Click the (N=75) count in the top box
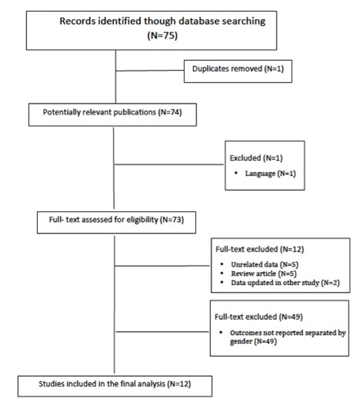163,36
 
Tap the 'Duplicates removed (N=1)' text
238,69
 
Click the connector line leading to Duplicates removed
150,71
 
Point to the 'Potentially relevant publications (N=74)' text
112,112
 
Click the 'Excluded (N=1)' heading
256,158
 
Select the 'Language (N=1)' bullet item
270,174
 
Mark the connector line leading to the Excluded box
169,165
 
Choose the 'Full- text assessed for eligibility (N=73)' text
116,219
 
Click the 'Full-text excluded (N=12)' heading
260,249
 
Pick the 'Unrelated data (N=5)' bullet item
265,264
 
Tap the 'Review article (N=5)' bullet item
264,274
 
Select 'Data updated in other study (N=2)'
285,283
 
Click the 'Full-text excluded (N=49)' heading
259,317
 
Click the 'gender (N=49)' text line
254,341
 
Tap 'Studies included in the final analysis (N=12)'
115,384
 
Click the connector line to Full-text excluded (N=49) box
163,332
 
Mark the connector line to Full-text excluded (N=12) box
162,266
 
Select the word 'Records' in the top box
78,21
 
